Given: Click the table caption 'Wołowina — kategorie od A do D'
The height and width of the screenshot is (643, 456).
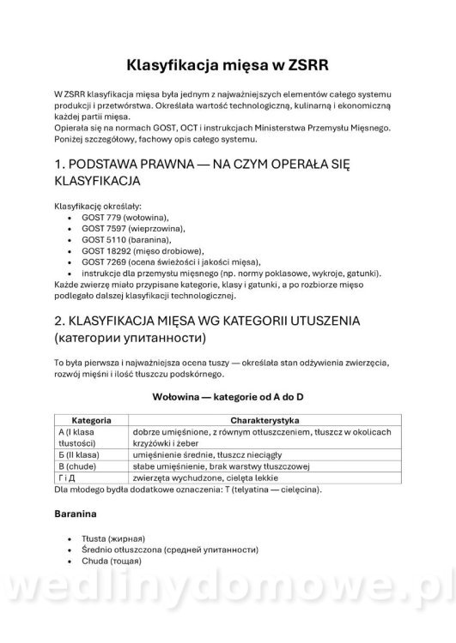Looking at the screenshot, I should point(228,398).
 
